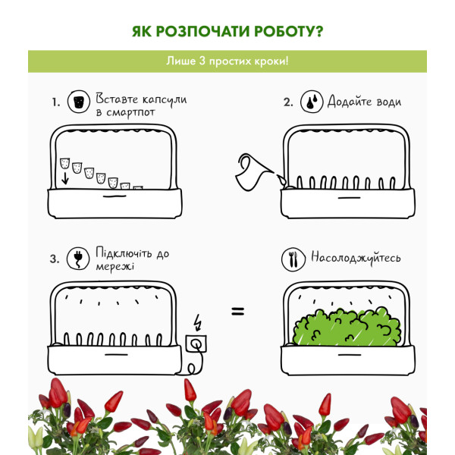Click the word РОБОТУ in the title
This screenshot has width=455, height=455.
pos(288,32)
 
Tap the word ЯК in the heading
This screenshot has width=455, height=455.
pos(142,32)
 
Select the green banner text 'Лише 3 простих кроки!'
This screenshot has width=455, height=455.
pos(227,61)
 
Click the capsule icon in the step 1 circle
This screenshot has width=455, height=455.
pos(78,102)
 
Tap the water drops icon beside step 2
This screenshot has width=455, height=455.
pos(312,102)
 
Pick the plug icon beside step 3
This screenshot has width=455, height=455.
pos(78,258)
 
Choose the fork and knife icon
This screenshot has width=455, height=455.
pos(293,259)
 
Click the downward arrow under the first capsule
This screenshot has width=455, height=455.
pos(65,178)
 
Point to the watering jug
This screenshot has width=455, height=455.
pos(254,172)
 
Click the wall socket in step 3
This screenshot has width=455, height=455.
pos(196,344)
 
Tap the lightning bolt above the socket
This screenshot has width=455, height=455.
pos(198,322)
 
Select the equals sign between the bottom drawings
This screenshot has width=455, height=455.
pos(238,312)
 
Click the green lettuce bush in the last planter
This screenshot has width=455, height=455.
pos(347,327)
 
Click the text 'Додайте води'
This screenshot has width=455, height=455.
pos(365,102)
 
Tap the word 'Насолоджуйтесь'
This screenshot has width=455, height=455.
pos(356,258)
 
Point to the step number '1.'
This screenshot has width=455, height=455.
pos(56,102)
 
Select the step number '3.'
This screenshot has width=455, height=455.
pos(55,259)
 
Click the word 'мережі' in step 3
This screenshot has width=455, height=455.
pos(115,266)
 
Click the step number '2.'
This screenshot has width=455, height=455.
pos(288,102)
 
